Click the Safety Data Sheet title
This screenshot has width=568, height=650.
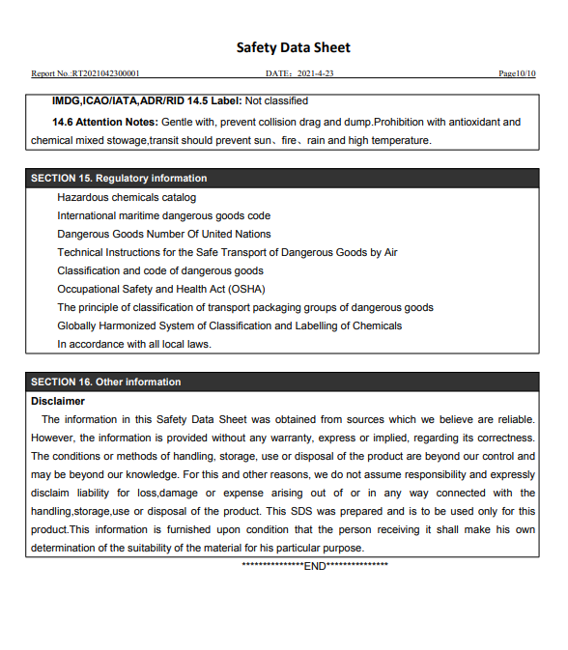pyautogui.click(x=294, y=47)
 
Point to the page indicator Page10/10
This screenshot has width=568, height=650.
pyautogui.click(x=517, y=73)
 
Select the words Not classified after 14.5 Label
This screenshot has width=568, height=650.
pyautogui.click(x=276, y=100)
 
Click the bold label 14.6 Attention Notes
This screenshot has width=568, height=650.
pyautogui.click(x=104, y=122)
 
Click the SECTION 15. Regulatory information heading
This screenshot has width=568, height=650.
pyautogui.click(x=119, y=178)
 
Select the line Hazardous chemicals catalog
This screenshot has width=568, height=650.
pyautogui.click(x=127, y=197)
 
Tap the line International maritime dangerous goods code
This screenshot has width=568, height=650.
pyautogui.click(x=163, y=215)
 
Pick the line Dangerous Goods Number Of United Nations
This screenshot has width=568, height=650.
pyautogui.click(x=163, y=234)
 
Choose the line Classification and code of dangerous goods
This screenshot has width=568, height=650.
pyautogui.click(x=159, y=270)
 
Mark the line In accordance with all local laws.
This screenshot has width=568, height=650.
pyautogui.click(x=133, y=344)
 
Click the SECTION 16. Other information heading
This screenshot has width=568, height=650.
pyautogui.click(x=105, y=382)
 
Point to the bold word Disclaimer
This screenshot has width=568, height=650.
pyautogui.click(x=58, y=401)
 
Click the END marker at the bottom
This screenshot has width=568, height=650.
pyautogui.click(x=315, y=566)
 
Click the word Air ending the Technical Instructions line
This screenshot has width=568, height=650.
pyautogui.click(x=389, y=252)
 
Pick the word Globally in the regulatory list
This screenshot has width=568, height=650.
pyautogui.click(x=77, y=325)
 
